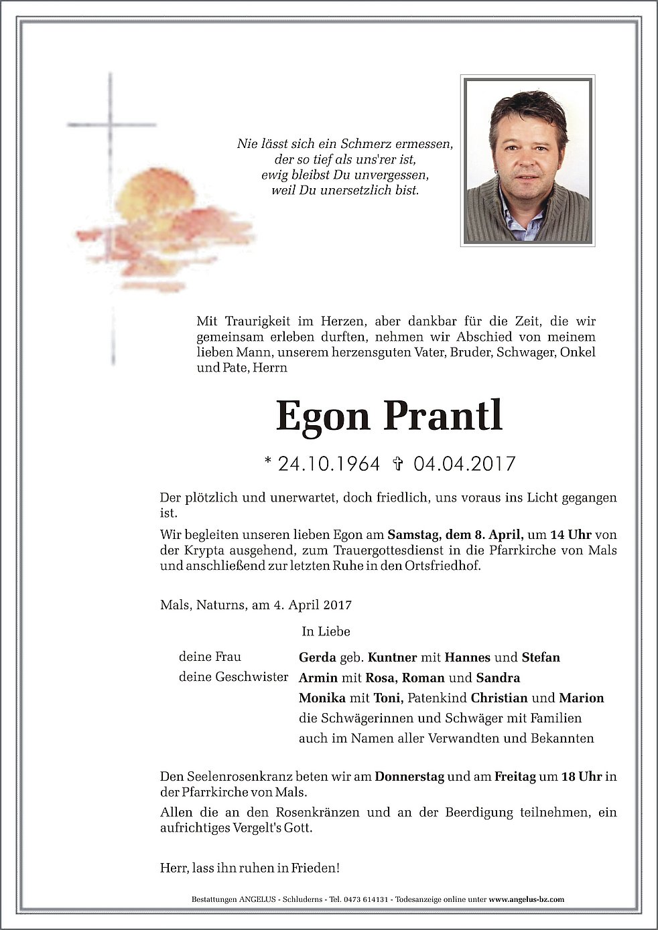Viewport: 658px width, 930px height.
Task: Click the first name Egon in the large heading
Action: tap(322, 417)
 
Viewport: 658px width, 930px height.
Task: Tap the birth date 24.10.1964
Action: tap(329, 463)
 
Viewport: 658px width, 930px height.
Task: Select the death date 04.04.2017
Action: tap(464, 463)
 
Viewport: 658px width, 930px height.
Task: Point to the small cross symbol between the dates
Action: tap(397, 463)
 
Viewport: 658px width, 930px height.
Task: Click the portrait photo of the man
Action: tap(527, 159)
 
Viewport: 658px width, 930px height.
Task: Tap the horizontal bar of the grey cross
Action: tap(111, 125)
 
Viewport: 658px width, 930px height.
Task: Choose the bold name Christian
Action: tap(499, 698)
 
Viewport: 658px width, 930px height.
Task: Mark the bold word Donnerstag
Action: tap(409, 777)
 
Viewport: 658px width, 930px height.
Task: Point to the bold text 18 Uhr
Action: tap(582, 777)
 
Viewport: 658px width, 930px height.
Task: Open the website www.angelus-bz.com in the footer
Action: tap(526, 900)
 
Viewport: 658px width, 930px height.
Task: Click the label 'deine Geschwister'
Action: tap(233, 677)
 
